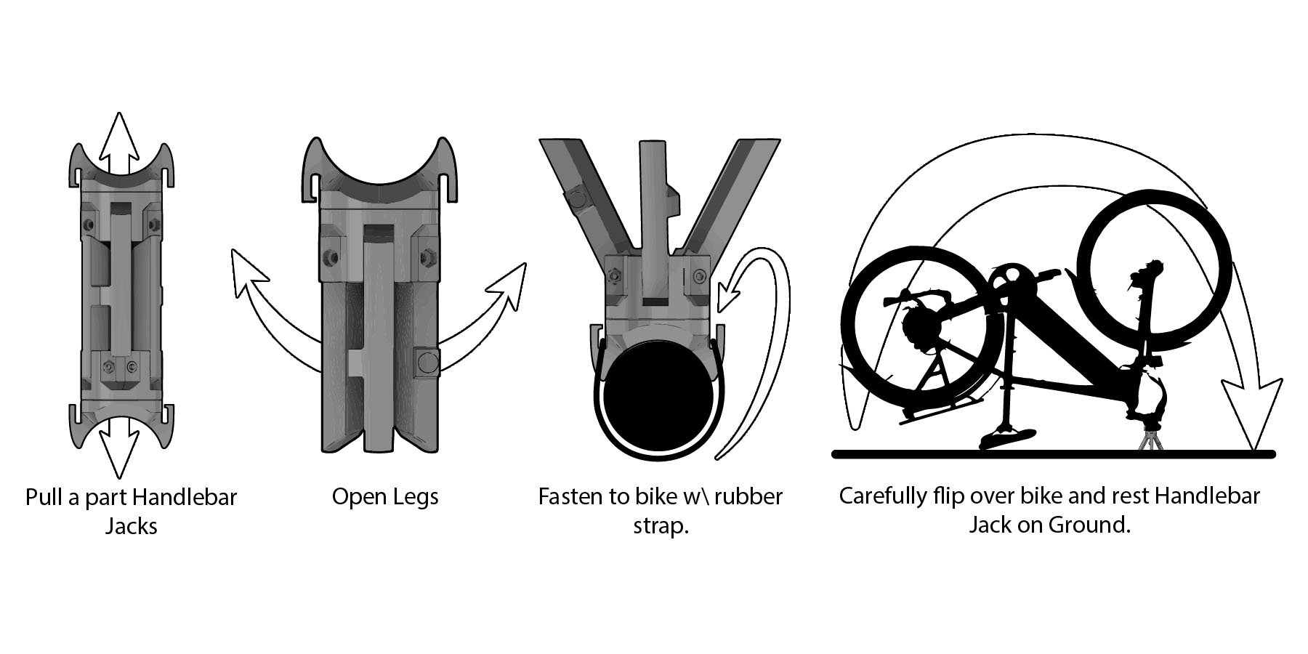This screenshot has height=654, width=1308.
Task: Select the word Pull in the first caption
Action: click(41, 498)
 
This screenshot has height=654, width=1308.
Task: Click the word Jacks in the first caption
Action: click(132, 525)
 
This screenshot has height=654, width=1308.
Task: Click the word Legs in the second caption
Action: click(414, 497)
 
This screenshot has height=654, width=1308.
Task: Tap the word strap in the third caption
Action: click(660, 525)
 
